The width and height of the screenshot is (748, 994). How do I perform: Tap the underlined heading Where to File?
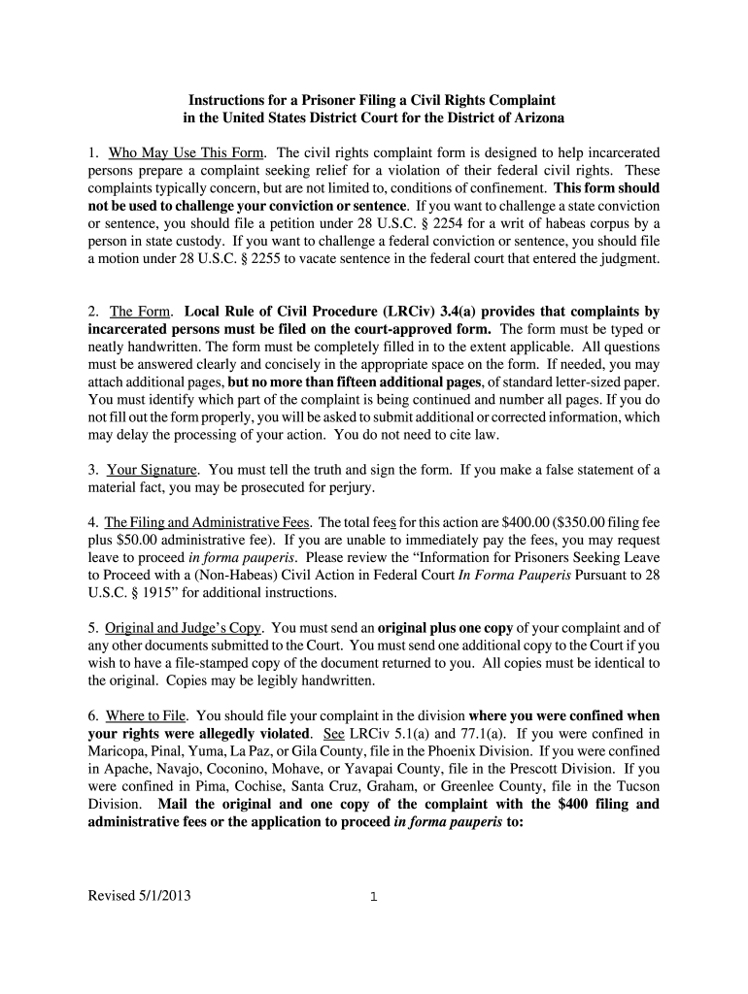[x=146, y=715]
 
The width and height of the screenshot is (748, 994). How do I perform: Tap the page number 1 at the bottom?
[x=373, y=897]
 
